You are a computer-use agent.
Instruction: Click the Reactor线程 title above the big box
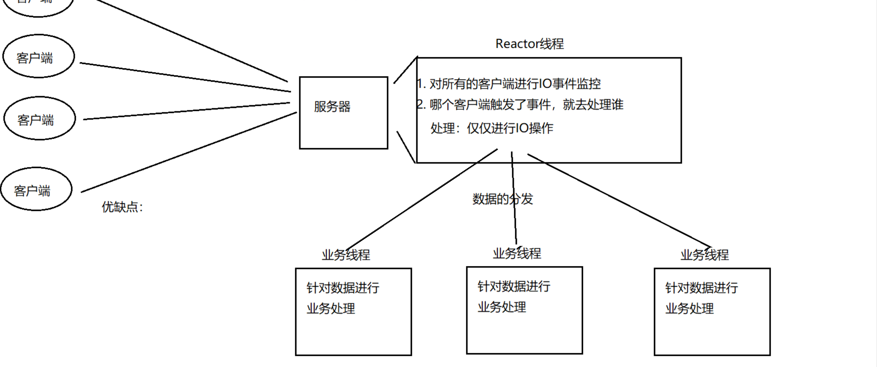[529, 44]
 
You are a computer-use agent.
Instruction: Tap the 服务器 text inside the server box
[332, 107]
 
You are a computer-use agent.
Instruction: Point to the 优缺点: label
[122, 207]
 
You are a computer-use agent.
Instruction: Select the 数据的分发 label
[502, 199]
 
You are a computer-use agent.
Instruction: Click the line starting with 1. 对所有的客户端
[509, 84]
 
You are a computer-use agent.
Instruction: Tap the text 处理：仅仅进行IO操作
[491, 129]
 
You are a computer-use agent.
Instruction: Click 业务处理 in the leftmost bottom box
[331, 309]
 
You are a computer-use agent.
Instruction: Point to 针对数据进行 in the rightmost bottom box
[701, 288]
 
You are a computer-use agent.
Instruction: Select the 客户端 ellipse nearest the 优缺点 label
[36, 189]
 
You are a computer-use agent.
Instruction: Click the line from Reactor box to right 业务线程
[620, 201]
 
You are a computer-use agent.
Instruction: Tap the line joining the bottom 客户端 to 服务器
[189, 152]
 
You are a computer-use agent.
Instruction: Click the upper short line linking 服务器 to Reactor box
[406, 70]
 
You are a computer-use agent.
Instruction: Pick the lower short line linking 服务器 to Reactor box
[406, 147]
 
